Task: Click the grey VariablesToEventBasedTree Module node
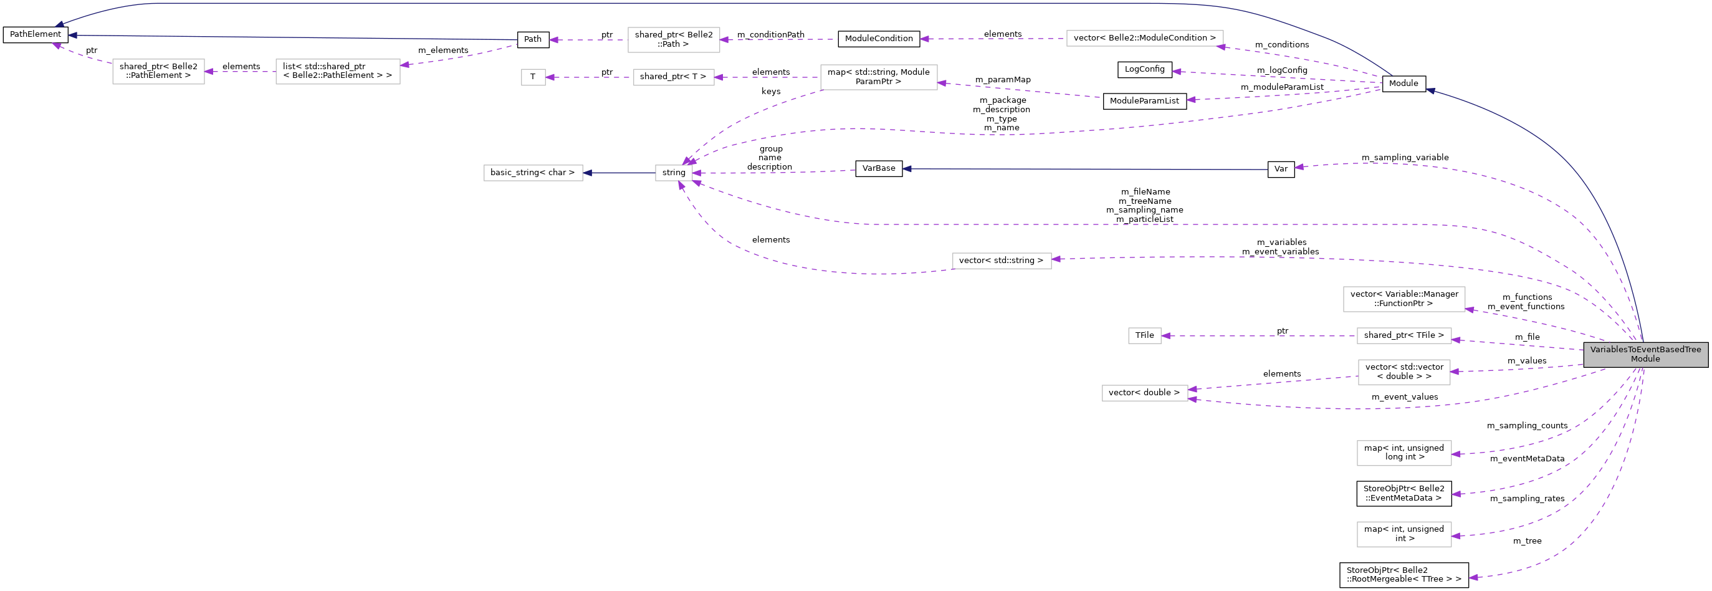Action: coord(1645,354)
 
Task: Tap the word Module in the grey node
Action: coord(1645,359)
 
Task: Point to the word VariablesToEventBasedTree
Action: coord(1645,350)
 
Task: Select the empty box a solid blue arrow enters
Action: coord(533,173)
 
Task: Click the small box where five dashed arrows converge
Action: coord(673,173)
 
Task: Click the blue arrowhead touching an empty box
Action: coord(588,173)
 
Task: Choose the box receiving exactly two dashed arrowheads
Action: coord(1144,393)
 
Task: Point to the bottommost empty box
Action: coord(1404,534)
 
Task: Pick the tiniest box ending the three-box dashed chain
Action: coord(533,77)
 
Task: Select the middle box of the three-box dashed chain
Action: coord(673,77)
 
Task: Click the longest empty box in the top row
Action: coord(1144,39)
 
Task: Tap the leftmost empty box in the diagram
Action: coord(158,72)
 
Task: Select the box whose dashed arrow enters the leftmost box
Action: coord(338,72)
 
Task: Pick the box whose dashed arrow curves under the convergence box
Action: coord(1002,261)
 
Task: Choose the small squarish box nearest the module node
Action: coord(1144,336)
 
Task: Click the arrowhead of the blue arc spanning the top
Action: coord(59,26)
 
